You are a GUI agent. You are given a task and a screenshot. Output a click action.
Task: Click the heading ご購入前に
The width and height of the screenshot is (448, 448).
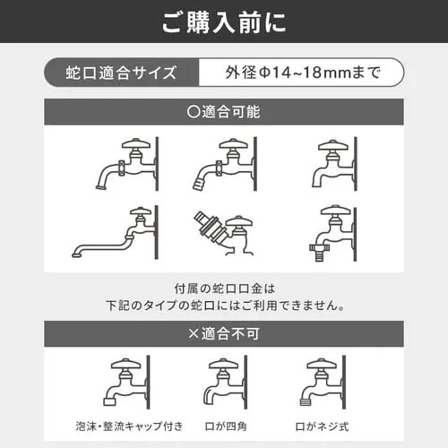pyautogui.click(x=224, y=22)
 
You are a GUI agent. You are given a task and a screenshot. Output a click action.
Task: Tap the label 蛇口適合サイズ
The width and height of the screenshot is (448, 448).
pyautogui.click(x=121, y=73)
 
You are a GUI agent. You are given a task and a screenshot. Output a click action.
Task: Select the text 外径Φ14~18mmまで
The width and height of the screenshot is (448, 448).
pyautogui.click(x=303, y=73)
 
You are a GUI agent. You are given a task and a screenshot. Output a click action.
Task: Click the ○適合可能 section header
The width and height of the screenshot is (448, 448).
pyautogui.click(x=224, y=112)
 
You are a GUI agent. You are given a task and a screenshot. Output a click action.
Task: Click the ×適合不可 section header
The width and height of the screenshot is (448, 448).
pyautogui.click(x=224, y=333)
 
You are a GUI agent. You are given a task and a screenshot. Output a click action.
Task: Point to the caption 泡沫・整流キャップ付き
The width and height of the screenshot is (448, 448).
pyautogui.click(x=129, y=426)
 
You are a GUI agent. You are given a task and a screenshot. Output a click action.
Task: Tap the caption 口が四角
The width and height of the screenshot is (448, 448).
pyautogui.click(x=226, y=426)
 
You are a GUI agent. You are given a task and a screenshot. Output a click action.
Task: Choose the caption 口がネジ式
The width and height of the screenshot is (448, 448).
pyautogui.click(x=322, y=426)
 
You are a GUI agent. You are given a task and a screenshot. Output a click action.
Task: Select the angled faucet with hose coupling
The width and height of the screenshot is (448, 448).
pyautogui.click(x=223, y=233)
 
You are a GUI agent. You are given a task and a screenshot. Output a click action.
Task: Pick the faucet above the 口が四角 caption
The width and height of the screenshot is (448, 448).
pyautogui.click(x=226, y=382)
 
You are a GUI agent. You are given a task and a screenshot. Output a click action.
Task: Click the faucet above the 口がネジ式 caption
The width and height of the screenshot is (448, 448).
pyautogui.click(x=323, y=382)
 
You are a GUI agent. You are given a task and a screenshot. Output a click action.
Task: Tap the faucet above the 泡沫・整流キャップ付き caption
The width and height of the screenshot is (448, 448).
pyautogui.click(x=126, y=382)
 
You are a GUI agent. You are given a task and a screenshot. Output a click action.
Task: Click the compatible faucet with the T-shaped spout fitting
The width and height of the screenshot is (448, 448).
pyautogui.click(x=332, y=233)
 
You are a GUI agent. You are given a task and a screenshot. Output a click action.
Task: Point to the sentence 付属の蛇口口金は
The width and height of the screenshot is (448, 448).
pyautogui.click(x=225, y=289)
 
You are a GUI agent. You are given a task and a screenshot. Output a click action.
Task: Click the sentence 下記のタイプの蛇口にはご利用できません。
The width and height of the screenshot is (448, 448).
pyautogui.click(x=226, y=306)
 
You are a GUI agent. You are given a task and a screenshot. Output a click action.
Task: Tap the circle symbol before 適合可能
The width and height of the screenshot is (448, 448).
pyautogui.click(x=194, y=112)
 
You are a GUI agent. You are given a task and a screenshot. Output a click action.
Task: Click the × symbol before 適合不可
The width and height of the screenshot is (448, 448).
pyautogui.click(x=194, y=333)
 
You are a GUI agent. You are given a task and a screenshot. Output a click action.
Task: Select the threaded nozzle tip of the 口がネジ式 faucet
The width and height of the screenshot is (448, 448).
pyautogui.click(x=306, y=401)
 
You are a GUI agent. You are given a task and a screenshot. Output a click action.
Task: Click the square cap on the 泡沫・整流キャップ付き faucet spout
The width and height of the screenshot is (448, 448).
pyautogui.click(x=109, y=401)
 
